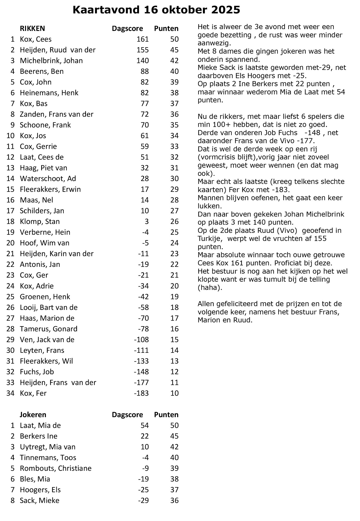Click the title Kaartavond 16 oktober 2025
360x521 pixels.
click(x=156, y=10)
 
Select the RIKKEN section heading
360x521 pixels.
click(x=32, y=28)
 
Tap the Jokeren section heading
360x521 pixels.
click(x=33, y=415)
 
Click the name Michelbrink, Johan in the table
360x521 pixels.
click(x=51, y=61)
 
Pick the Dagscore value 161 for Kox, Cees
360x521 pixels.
click(x=143, y=39)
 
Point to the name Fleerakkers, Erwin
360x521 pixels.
click(x=50, y=189)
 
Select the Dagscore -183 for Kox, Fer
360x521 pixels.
click(x=141, y=393)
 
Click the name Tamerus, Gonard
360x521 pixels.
click(x=49, y=329)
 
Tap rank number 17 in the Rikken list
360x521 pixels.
click(x=10, y=211)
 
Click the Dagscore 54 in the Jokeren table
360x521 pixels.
click(x=145, y=425)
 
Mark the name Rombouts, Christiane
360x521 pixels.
click(x=56, y=468)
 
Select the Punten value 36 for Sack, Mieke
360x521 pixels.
click(x=174, y=500)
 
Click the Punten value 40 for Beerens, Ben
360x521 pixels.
click(x=174, y=71)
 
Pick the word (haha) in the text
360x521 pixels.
click(x=210, y=288)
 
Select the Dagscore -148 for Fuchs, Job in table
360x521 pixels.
click(x=141, y=371)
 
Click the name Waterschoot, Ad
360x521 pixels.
click(x=48, y=179)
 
